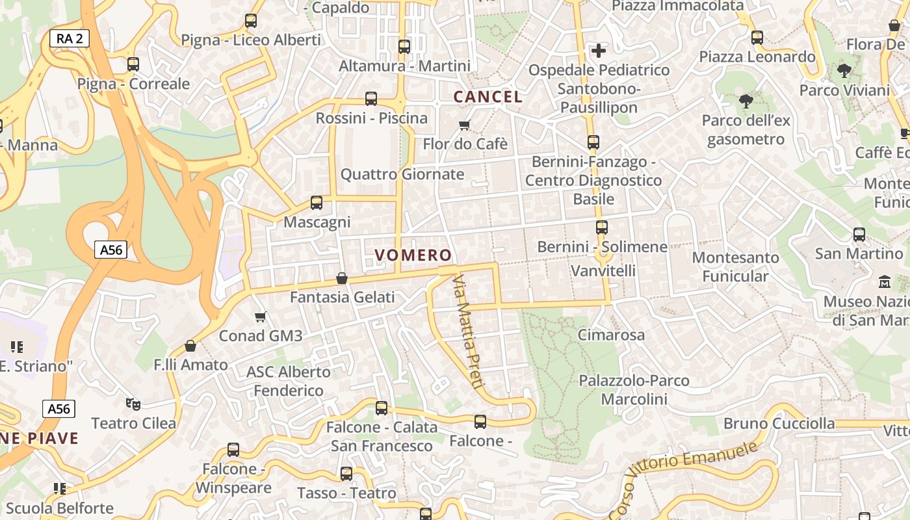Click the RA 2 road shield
pos(70,38)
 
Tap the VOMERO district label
pos(413,255)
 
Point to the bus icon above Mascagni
pos(317,203)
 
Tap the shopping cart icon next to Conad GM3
pos(261,317)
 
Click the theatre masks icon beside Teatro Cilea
pos(133,404)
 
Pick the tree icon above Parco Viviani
pos(844,70)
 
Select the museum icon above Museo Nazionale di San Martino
pos(885,282)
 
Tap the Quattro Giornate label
pos(402,174)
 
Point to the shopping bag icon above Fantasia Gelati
pos(342,278)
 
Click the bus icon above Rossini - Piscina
pos(371,99)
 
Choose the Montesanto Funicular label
pos(735,266)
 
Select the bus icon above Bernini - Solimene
pos(602,227)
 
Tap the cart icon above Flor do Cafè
pos(464,125)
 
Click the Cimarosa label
pos(611,335)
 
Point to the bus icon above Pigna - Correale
pos(133,64)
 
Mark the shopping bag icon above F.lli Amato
pos(190,346)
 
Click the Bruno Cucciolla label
pos(779,424)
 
